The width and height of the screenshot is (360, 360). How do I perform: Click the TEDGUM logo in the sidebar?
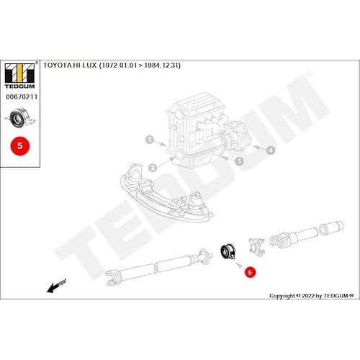point(20,76)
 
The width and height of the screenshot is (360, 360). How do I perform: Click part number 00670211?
point(22,97)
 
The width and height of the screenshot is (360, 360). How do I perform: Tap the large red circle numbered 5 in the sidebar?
point(20,145)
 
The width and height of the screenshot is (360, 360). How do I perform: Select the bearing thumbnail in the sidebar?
point(20,117)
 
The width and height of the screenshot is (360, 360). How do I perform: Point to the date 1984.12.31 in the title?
point(162,66)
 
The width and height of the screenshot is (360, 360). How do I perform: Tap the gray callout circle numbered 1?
point(150,140)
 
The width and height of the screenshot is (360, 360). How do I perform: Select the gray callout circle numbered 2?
point(153,168)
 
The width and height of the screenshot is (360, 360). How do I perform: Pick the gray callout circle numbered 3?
point(239,161)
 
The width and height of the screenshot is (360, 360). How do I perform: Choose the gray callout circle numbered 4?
point(271,150)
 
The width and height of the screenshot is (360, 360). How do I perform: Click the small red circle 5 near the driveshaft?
point(250,272)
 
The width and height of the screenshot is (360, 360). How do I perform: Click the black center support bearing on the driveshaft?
point(228,252)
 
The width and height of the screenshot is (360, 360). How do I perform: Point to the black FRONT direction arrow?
point(56,286)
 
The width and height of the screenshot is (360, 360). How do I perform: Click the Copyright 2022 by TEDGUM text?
point(312,296)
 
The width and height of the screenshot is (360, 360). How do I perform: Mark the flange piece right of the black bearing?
point(257,247)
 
